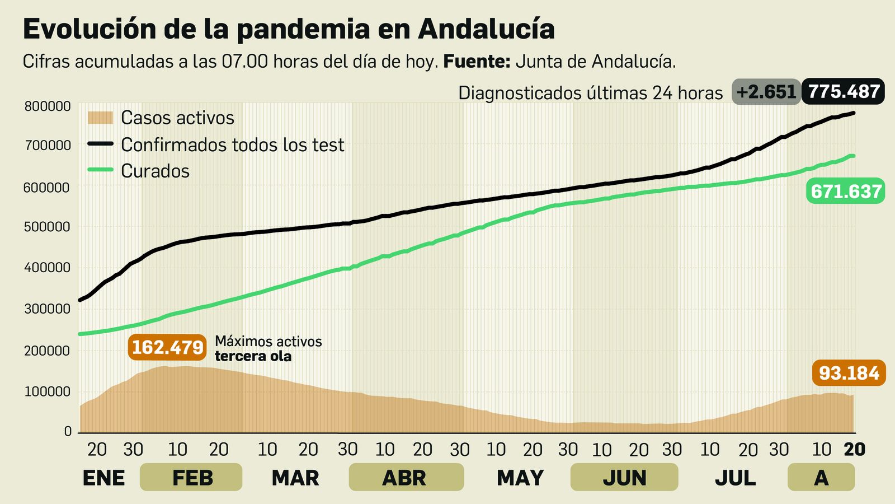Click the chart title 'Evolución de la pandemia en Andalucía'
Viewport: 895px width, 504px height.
click(289, 29)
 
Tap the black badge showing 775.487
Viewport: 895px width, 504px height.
click(844, 92)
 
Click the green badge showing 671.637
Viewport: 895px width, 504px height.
click(846, 192)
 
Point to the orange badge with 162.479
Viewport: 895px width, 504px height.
click(167, 347)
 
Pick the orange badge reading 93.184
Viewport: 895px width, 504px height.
click(849, 373)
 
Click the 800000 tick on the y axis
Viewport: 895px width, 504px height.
click(48, 106)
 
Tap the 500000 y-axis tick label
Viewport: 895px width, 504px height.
click(48, 227)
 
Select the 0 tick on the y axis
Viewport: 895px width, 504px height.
click(68, 431)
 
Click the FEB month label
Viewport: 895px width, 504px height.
click(191, 478)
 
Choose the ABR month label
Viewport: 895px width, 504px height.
click(405, 478)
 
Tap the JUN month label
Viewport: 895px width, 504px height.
click(624, 478)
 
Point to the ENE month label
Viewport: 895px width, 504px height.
click(103, 478)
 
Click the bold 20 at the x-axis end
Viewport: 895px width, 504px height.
click(854, 449)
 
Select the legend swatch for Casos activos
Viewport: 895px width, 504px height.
click(101, 118)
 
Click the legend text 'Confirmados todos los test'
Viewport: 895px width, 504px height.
click(232, 145)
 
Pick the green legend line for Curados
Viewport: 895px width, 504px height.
click(101, 170)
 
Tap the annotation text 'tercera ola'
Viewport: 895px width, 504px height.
click(253, 357)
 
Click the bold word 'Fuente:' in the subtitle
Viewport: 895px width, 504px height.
click(477, 61)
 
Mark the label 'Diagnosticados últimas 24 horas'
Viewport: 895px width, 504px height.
click(590, 93)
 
